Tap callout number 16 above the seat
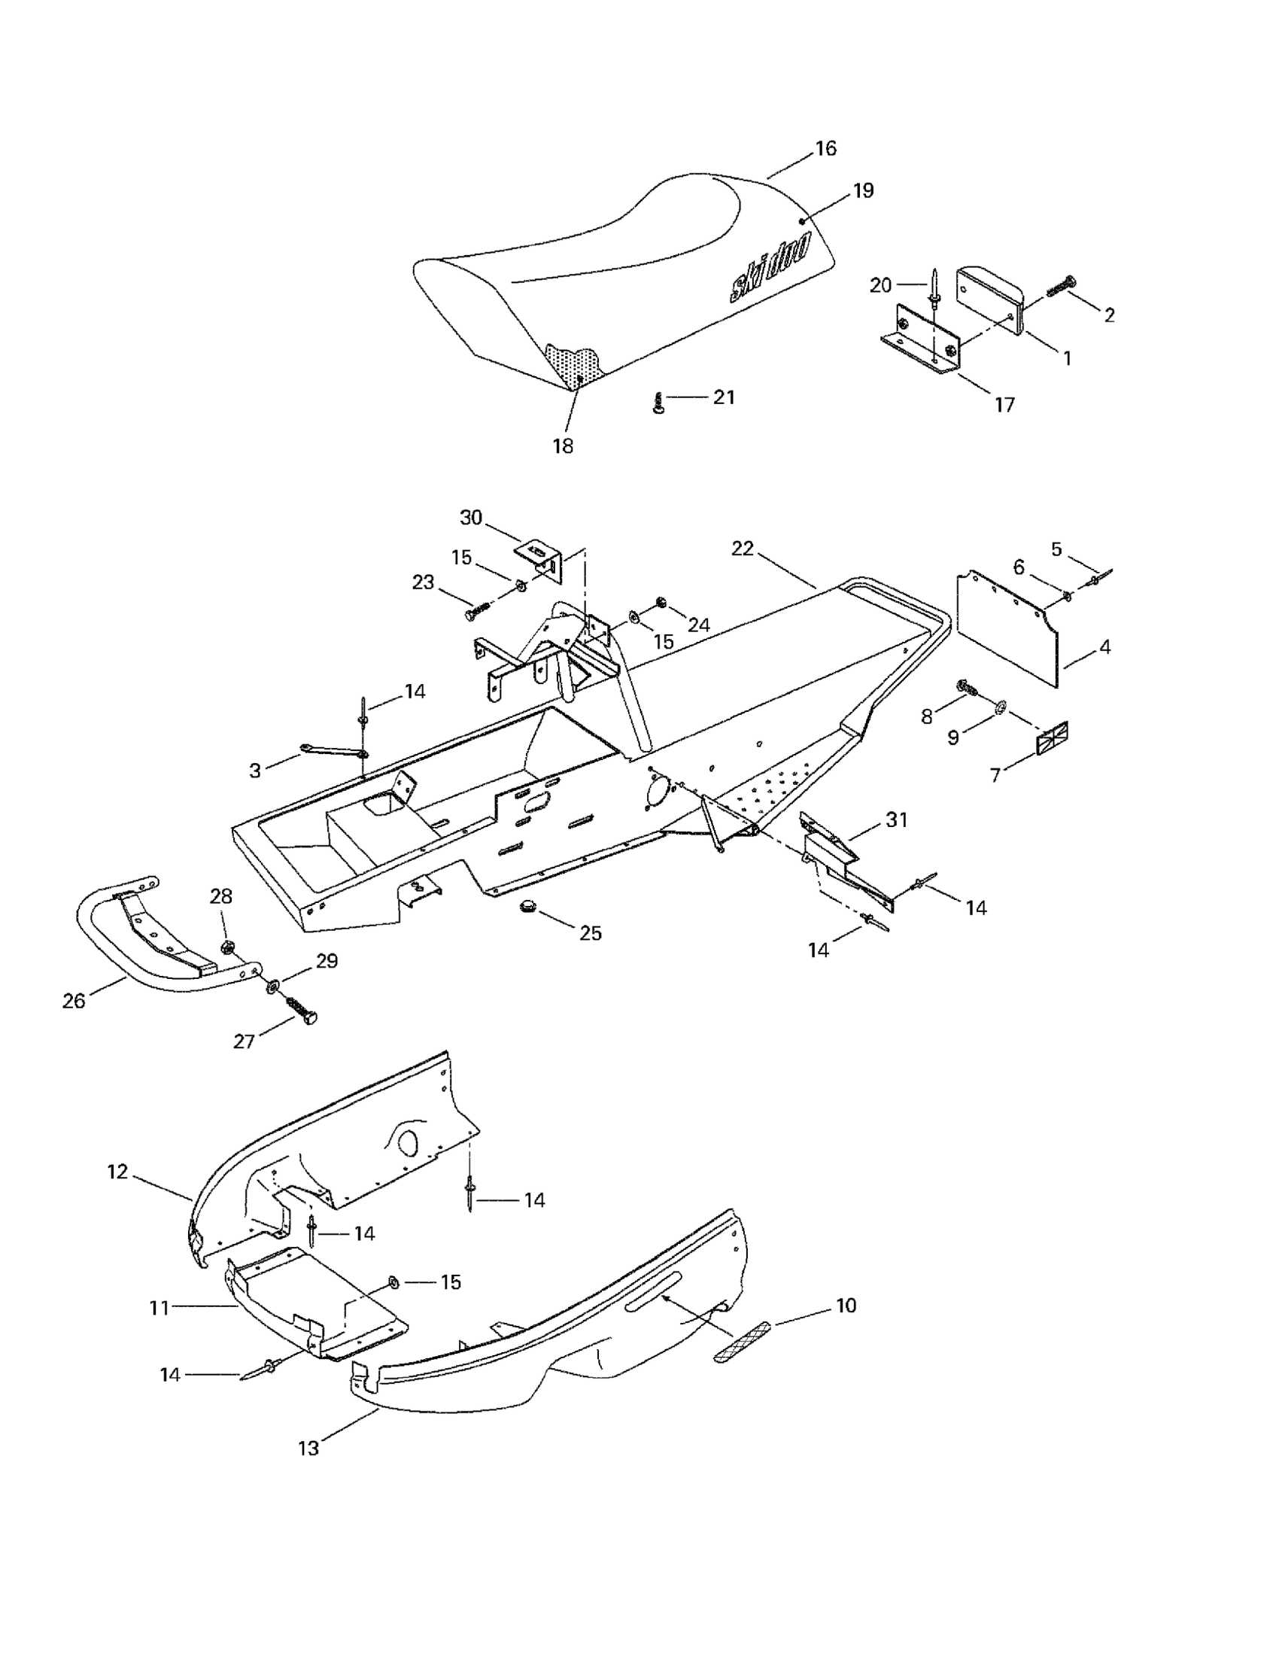click(825, 149)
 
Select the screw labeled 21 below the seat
click(658, 403)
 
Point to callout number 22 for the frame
click(743, 549)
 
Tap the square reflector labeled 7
click(1053, 738)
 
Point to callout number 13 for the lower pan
click(308, 1449)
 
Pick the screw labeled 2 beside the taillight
click(1061, 287)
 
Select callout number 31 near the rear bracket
click(897, 820)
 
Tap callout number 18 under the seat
click(562, 446)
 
